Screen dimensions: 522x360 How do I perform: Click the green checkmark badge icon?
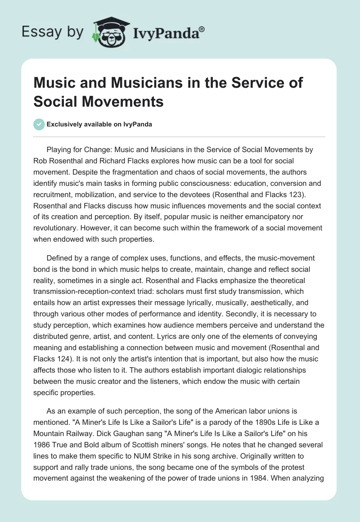click(39, 125)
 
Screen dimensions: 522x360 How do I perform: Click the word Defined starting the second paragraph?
click(60, 259)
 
